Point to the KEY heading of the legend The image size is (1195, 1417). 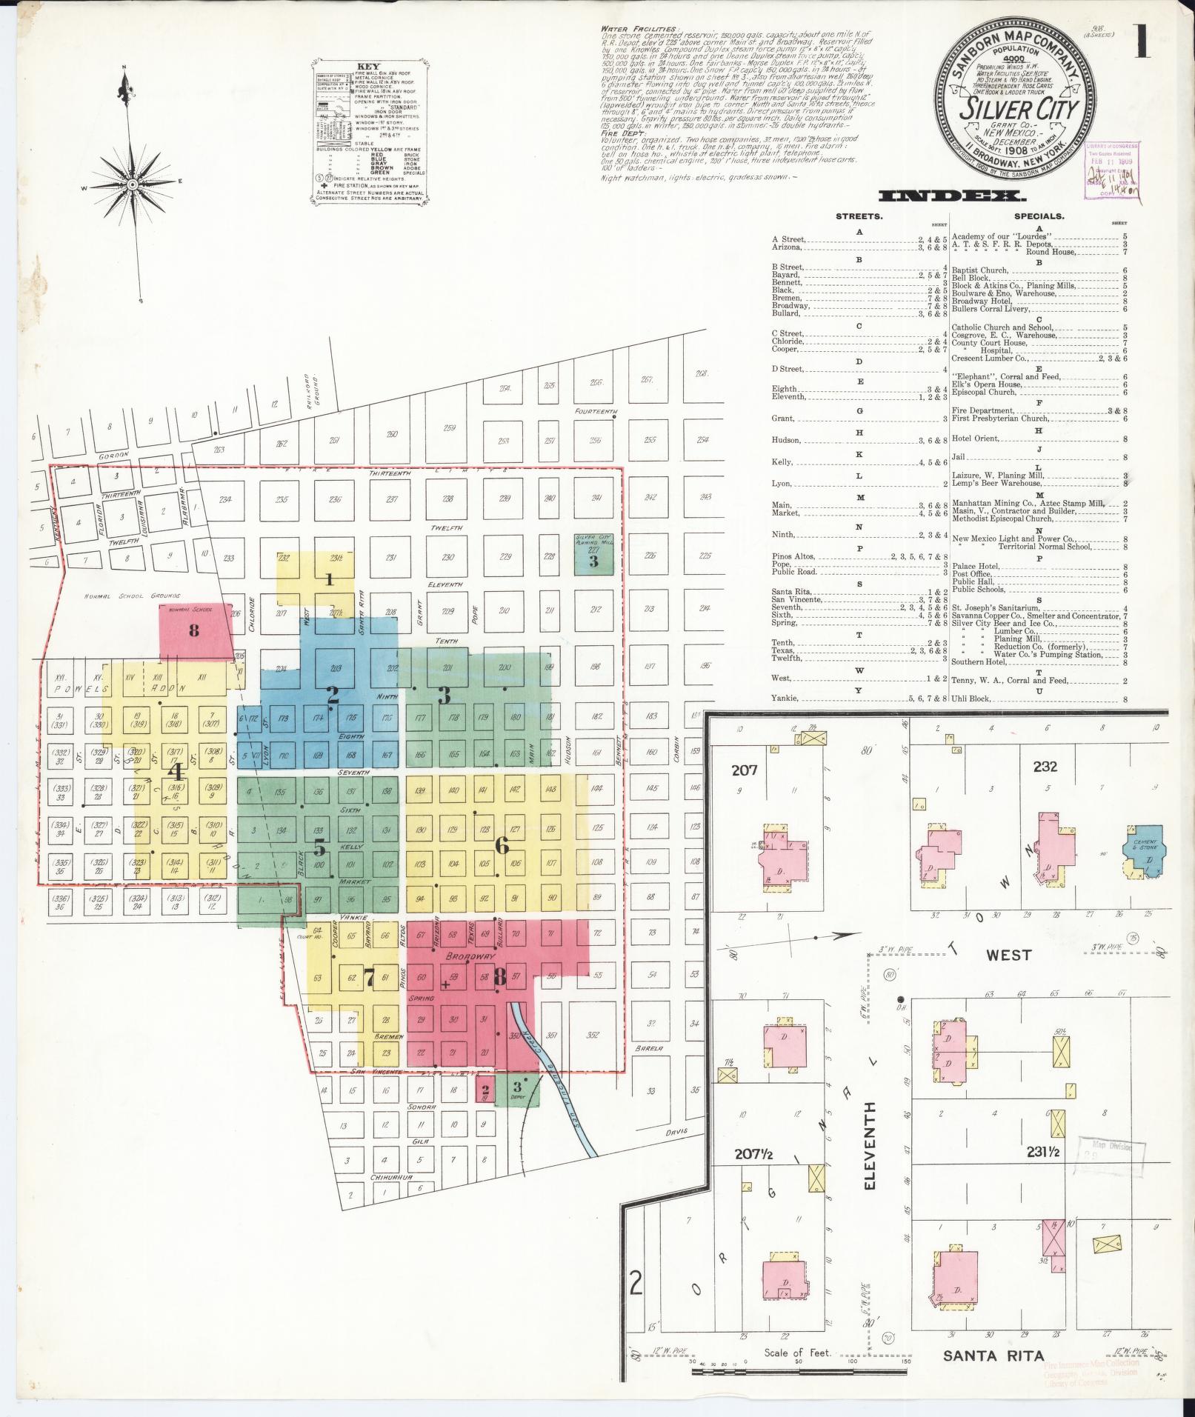click(x=367, y=64)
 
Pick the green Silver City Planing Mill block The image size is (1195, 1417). click(x=593, y=554)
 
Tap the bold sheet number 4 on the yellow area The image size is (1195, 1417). click(x=176, y=771)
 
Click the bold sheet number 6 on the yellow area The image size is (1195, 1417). click(x=502, y=844)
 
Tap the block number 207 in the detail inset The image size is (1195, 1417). click(x=744, y=770)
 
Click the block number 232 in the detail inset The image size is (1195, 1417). click(x=1045, y=767)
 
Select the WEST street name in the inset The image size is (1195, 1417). click(x=1008, y=955)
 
